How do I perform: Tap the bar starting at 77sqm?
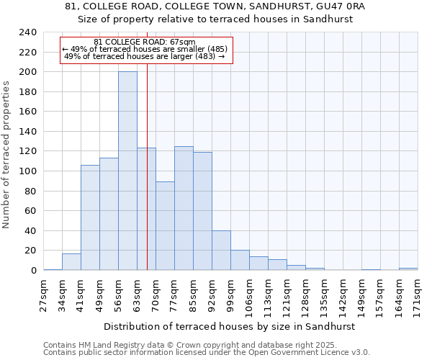(184, 208)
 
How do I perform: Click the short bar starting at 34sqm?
(71, 262)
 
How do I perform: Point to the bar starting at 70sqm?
(165, 226)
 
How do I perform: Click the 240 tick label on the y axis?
(27, 32)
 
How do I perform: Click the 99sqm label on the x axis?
(231, 294)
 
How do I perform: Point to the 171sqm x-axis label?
(418, 294)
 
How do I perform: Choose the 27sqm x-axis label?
(44, 294)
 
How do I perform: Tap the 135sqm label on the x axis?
(325, 294)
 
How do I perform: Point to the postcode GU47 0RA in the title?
(338, 6)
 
